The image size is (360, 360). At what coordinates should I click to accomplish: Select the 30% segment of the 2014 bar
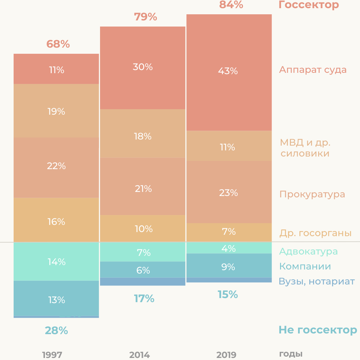[x=143, y=67]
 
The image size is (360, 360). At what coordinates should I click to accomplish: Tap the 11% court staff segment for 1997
[x=56, y=70]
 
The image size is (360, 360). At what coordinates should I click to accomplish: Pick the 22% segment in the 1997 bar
[x=56, y=166]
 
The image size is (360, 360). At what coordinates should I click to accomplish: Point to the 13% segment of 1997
[x=56, y=299]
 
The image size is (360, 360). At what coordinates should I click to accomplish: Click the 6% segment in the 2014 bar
[x=143, y=270]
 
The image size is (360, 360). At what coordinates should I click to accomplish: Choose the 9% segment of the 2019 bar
[x=228, y=267]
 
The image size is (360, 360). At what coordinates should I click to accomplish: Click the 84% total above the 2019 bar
[x=231, y=5]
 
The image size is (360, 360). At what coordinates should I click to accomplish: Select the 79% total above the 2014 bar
[x=145, y=17]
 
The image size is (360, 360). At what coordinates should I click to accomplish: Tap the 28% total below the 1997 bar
[x=56, y=330]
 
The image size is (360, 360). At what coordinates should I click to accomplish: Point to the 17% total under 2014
[x=144, y=299]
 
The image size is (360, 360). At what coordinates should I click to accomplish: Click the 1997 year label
[x=52, y=355]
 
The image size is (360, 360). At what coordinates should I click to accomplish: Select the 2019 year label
[x=226, y=355]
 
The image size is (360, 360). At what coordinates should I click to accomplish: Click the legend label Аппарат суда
[x=313, y=70]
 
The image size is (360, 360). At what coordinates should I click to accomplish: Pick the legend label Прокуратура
[x=312, y=194]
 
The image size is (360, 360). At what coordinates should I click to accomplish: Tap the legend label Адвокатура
[x=308, y=251]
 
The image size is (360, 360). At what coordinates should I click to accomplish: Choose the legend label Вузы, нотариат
[x=316, y=281]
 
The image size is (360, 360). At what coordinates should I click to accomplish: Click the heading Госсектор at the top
[x=309, y=5]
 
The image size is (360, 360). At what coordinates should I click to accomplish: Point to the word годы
[x=291, y=354]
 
